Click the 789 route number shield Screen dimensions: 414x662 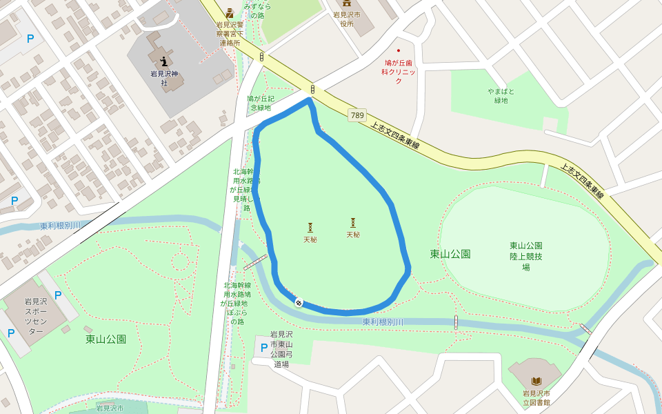357,115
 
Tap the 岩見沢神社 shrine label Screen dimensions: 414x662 164,78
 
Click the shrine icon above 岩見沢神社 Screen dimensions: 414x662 163,61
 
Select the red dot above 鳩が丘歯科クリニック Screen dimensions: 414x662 398,51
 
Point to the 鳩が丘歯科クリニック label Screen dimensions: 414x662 399,72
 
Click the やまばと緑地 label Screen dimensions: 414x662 501,96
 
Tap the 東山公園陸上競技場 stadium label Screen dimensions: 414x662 525,256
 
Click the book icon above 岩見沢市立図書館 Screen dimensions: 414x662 536,381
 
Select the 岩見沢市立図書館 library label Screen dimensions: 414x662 536,397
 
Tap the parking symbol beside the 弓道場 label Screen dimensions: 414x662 263,348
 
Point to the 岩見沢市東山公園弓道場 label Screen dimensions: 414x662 281,349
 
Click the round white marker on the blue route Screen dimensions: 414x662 299,302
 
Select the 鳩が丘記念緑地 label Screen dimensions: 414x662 260,103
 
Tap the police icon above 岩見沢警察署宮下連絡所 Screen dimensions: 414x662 230,12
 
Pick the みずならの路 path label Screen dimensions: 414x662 257,10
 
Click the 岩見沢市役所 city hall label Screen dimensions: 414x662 346,19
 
